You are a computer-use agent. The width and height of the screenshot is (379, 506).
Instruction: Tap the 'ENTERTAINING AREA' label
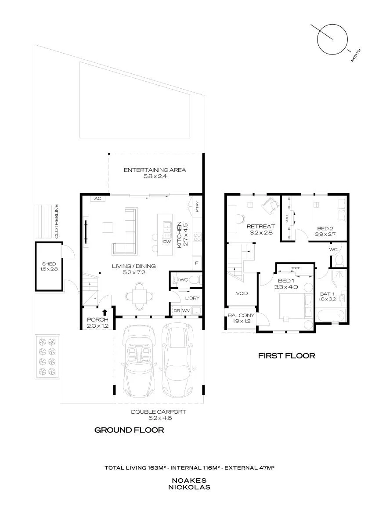coord(155,170)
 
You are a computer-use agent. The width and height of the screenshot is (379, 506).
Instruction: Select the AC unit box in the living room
coord(98,199)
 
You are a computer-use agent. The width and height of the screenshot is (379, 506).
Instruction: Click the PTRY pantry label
coord(197,207)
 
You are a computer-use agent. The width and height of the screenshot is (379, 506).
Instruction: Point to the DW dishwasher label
coord(167,242)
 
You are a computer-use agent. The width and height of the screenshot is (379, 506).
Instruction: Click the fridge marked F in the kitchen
coord(197,264)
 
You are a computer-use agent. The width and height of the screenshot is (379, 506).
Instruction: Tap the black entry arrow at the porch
coord(105,312)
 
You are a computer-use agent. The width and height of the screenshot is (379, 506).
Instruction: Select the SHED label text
coord(49,264)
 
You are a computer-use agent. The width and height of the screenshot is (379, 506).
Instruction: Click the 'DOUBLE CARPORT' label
coord(159,412)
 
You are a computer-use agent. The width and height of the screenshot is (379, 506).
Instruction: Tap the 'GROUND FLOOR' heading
coord(129,430)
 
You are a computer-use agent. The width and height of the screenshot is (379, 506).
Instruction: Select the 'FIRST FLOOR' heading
coord(286,356)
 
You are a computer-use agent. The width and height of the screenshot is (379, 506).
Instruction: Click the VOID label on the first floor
coord(242,293)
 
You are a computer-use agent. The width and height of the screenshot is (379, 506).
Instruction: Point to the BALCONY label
coord(241,315)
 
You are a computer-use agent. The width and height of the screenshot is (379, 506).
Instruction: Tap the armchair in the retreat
coord(270,205)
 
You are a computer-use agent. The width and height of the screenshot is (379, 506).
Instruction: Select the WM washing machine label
coord(187,311)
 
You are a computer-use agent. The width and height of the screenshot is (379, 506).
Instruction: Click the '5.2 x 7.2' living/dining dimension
coord(134,272)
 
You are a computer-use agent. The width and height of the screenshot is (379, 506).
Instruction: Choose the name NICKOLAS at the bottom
coord(189,487)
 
